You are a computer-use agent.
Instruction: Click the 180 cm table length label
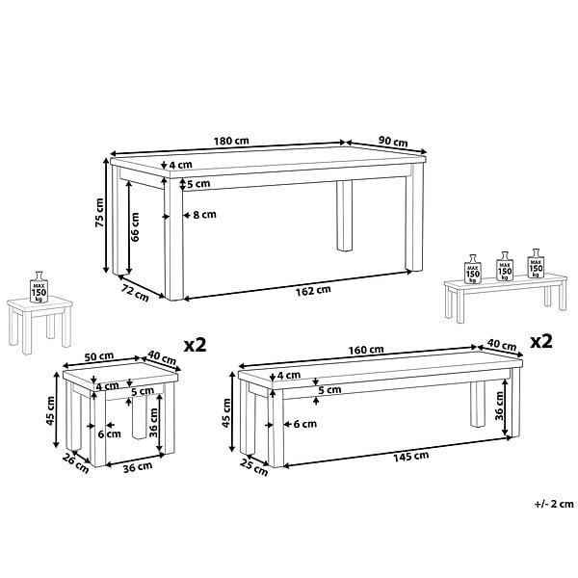(x=231, y=141)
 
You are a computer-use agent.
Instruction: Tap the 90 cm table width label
(x=393, y=142)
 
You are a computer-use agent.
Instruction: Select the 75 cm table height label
(x=99, y=212)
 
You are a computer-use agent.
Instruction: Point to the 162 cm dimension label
(x=313, y=291)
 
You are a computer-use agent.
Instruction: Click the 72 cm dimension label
(x=135, y=293)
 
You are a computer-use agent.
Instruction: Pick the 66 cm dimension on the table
(x=135, y=226)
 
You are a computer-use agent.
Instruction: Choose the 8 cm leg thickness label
(x=204, y=214)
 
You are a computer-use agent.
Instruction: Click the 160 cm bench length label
(x=366, y=350)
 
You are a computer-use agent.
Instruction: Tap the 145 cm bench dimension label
(x=411, y=457)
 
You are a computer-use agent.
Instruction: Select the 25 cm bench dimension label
(x=254, y=466)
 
